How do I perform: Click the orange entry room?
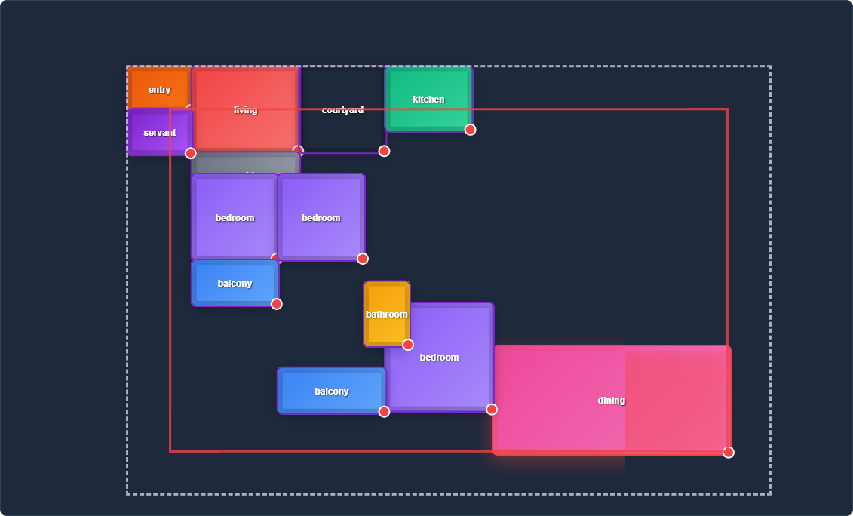tap(159, 88)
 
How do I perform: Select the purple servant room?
tap(159, 133)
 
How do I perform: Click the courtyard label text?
tap(342, 110)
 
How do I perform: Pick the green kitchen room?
tap(428, 99)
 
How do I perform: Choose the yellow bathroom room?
tap(387, 314)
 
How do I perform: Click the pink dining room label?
tap(612, 401)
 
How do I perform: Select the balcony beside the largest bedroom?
tap(332, 391)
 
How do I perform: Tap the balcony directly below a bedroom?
tap(235, 283)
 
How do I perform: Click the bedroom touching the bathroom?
tap(440, 357)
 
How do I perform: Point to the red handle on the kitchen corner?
tap(470, 130)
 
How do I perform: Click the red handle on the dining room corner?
tap(728, 453)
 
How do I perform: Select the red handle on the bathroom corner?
tap(408, 345)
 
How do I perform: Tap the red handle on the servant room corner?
tap(191, 153)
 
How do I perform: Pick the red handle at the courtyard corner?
tap(384, 151)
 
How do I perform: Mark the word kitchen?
tap(428, 100)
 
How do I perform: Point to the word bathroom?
tap(387, 315)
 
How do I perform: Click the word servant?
tap(160, 133)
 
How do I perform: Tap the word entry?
tap(160, 90)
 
